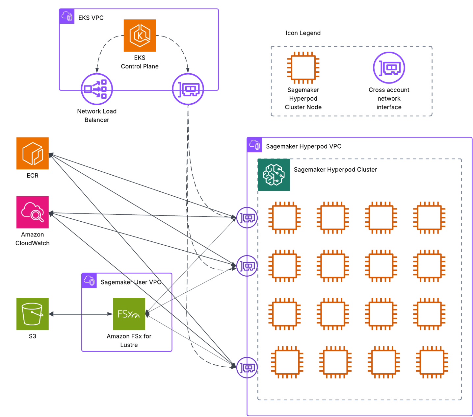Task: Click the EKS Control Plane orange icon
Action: click(x=140, y=36)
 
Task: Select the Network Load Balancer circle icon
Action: click(x=97, y=89)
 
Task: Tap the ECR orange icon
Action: click(x=33, y=153)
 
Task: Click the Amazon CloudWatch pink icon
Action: click(x=33, y=212)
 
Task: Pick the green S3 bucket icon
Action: click(x=33, y=314)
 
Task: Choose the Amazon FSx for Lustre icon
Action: click(x=129, y=314)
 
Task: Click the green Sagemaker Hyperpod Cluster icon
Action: click(x=274, y=175)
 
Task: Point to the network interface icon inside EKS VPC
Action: click(x=188, y=89)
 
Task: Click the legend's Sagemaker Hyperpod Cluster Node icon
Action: click(x=303, y=68)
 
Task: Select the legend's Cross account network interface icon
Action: click(x=389, y=68)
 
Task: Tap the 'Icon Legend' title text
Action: click(x=303, y=33)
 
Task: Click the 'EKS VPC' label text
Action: click(x=91, y=18)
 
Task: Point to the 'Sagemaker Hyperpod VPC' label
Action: click(x=303, y=146)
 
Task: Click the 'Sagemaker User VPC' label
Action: click(x=131, y=282)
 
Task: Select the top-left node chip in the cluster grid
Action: click(x=284, y=217)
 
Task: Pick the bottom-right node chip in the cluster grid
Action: click(x=432, y=362)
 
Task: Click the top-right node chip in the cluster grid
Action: click(x=429, y=217)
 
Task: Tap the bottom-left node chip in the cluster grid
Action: click(x=287, y=362)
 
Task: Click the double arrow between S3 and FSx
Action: click(x=81, y=314)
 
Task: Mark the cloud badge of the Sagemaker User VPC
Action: click(x=89, y=281)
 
